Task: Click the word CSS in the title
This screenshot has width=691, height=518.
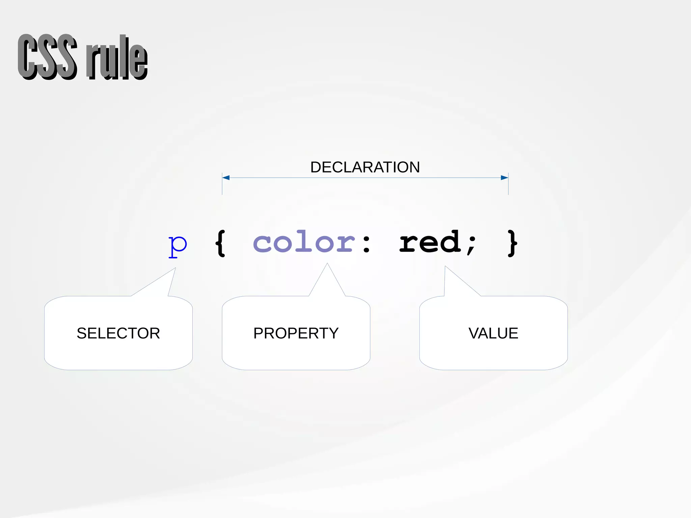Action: tap(47, 57)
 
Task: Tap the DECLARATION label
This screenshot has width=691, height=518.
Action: tap(365, 167)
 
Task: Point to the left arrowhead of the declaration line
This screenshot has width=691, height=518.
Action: tap(226, 178)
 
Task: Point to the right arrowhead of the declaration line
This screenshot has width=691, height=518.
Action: tap(504, 178)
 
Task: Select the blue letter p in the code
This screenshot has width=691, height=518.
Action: tap(177, 245)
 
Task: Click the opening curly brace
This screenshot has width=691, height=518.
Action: tap(220, 243)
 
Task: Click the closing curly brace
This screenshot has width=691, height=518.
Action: tap(512, 243)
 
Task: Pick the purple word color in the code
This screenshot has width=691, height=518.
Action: tap(304, 242)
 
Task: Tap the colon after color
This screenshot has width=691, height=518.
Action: tap(366, 244)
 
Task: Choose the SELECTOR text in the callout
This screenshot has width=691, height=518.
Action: tap(118, 333)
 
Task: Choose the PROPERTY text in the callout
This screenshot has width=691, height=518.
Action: tap(296, 333)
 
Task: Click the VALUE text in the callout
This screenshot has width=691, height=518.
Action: tap(493, 333)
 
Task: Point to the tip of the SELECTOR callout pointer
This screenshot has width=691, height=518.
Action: tap(175, 268)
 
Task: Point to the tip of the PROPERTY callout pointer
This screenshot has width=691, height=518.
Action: tap(327, 264)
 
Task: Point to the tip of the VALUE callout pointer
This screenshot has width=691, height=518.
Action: tap(445, 267)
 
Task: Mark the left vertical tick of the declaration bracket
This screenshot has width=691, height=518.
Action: tap(222, 184)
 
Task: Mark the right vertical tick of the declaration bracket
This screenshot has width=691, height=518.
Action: tap(508, 184)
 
